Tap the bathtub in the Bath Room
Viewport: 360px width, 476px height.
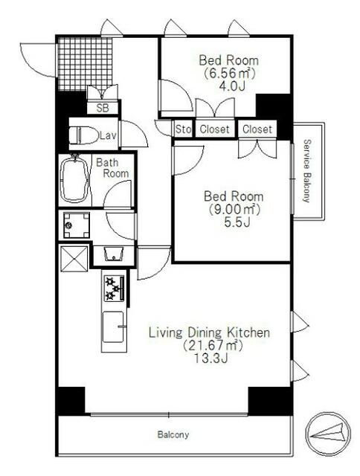(x=74, y=180)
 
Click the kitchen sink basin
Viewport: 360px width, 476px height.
(x=113, y=327)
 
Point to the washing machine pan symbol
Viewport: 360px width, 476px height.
(x=77, y=225)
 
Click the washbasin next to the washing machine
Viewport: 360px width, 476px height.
(x=114, y=254)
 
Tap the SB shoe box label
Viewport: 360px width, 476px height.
(x=103, y=108)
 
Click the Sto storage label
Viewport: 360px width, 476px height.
(x=183, y=129)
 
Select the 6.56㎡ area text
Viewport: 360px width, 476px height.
(x=229, y=73)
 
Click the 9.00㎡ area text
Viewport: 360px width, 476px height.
(x=234, y=209)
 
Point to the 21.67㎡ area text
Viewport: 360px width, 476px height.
(x=213, y=345)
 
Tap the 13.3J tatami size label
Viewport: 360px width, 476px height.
(x=210, y=358)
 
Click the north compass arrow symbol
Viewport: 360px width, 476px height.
(x=327, y=431)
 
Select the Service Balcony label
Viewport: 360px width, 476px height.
(x=307, y=171)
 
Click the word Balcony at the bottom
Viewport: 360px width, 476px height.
(x=173, y=434)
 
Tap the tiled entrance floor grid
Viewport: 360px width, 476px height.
(x=86, y=64)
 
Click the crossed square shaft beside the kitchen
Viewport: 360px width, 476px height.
(x=74, y=258)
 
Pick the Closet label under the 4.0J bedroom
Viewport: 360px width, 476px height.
(x=214, y=129)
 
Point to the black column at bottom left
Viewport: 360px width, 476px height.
(x=71, y=400)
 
